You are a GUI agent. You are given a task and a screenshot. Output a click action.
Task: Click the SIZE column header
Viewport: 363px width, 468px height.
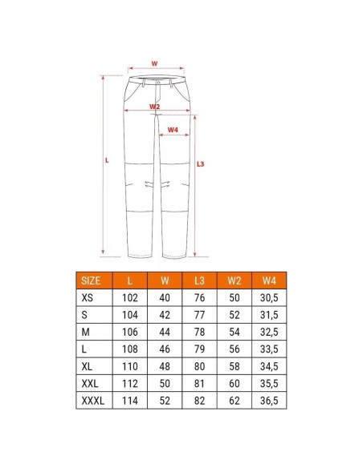point(91,280)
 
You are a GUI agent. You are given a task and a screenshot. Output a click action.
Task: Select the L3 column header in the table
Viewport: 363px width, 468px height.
point(199,280)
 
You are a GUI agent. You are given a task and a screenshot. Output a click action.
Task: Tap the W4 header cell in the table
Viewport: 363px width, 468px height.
point(269,280)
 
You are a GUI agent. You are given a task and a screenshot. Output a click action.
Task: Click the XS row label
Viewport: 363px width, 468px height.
point(88,298)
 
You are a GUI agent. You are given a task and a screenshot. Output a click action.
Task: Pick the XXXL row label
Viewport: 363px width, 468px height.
point(93,401)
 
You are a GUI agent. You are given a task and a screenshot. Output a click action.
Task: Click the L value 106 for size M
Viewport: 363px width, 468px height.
point(130,332)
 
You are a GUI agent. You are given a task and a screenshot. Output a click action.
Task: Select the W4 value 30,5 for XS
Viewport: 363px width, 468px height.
point(269,298)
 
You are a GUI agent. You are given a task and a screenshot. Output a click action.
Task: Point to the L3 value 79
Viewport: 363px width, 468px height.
point(199,349)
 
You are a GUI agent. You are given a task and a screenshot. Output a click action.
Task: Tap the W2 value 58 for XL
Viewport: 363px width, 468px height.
point(235,366)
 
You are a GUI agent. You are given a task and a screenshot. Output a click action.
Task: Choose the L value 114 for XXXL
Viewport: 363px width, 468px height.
point(130,401)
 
